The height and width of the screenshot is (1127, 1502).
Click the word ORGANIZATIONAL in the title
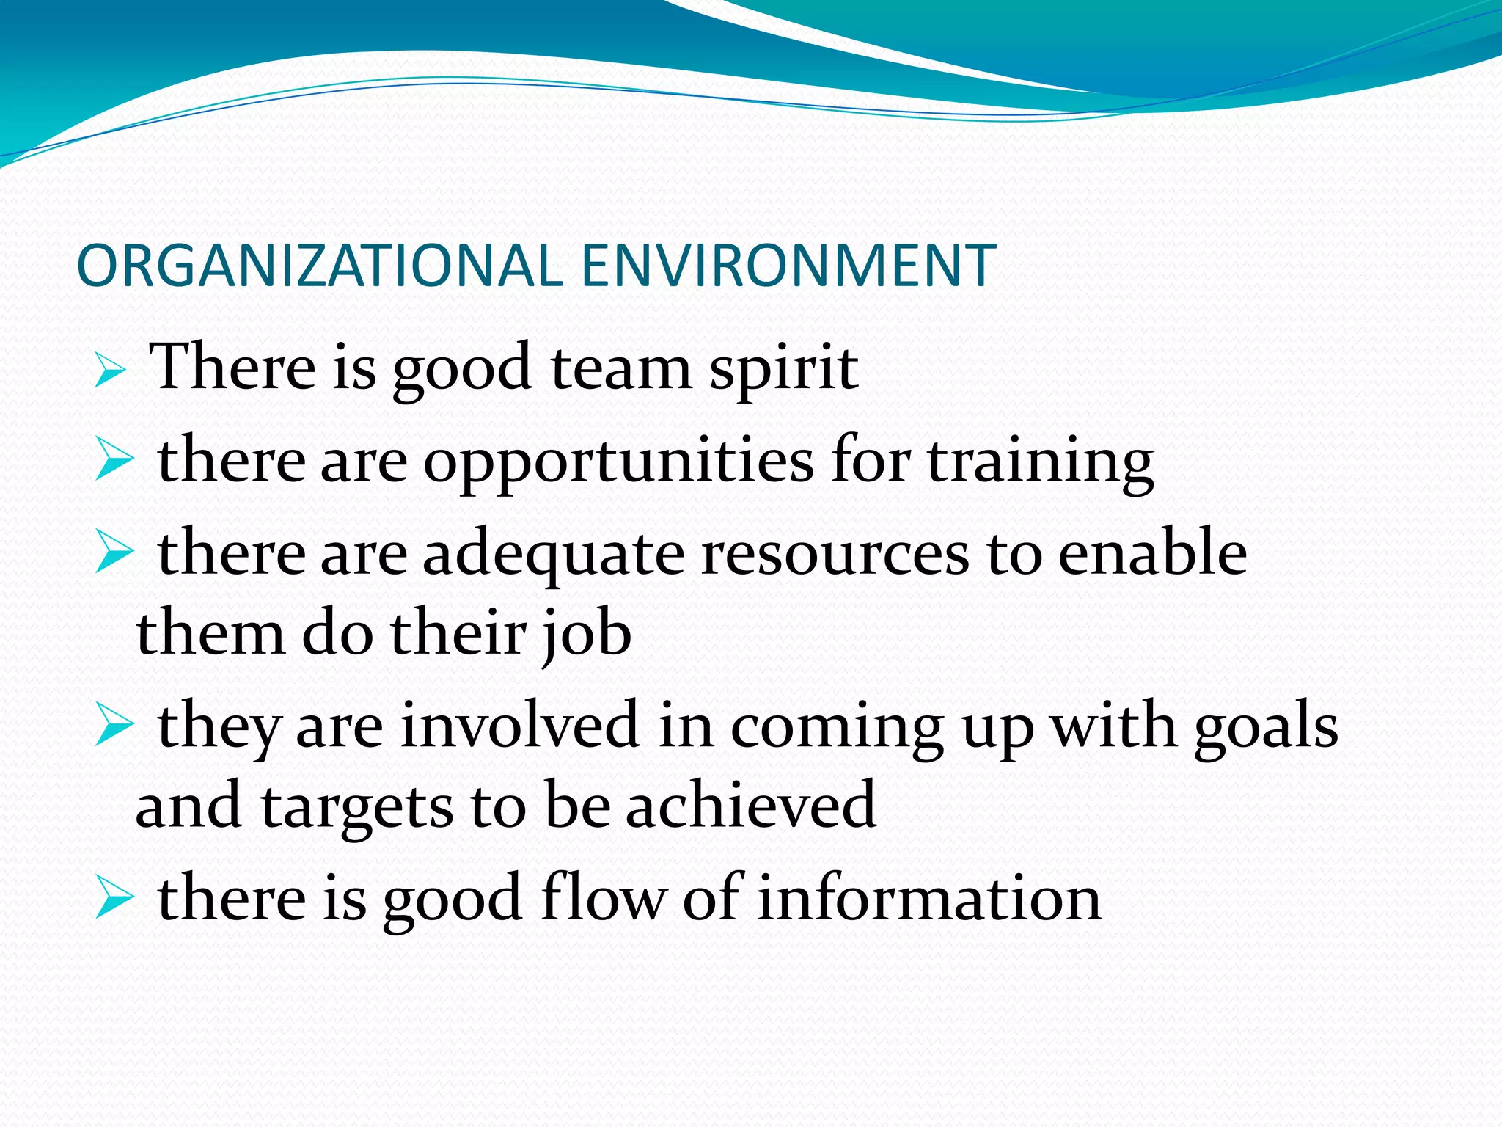[x=319, y=266]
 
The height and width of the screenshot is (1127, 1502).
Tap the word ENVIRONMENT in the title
[x=788, y=266]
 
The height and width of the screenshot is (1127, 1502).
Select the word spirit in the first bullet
[x=783, y=368]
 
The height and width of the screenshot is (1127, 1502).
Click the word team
[x=621, y=368]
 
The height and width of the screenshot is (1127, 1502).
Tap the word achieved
[x=751, y=806]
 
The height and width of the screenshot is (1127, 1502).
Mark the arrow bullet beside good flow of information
[x=114, y=901]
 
